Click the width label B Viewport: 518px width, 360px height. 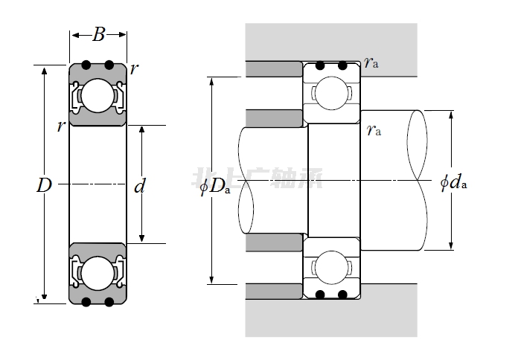pyautogui.click(x=98, y=33)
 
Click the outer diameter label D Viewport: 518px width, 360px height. pyautogui.click(x=43, y=186)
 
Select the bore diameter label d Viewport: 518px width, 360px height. pyautogui.click(x=139, y=186)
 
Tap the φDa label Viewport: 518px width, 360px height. pyautogui.click(x=214, y=186)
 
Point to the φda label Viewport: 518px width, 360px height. pyautogui.click(x=453, y=181)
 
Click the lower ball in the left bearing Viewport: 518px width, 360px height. pyautogui.click(x=97, y=272)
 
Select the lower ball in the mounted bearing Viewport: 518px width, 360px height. pyautogui.click(x=330, y=267)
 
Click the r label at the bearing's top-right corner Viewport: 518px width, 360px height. pyautogui.click(x=134, y=69)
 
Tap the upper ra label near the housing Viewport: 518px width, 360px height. pyautogui.click(x=371, y=63)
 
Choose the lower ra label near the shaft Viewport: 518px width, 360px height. pyautogui.click(x=374, y=131)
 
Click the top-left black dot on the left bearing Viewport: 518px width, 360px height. pyautogui.click(x=86, y=65)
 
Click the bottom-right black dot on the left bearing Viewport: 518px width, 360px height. pyautogui.click(x=109, y=301)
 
